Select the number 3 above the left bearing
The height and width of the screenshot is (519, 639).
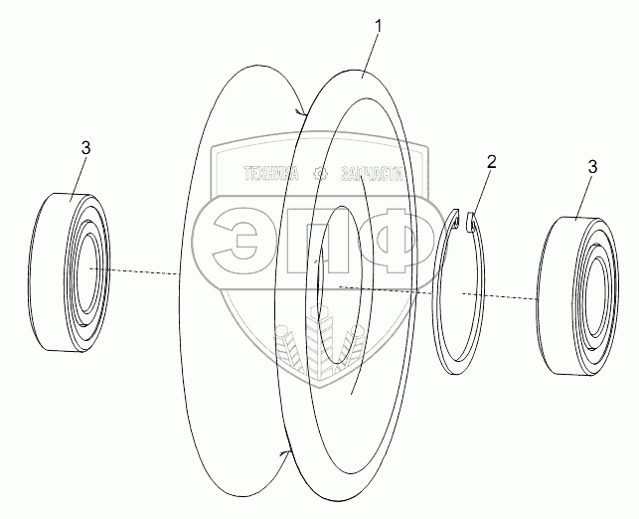point(85,147)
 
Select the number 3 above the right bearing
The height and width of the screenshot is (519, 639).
point(592,168)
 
